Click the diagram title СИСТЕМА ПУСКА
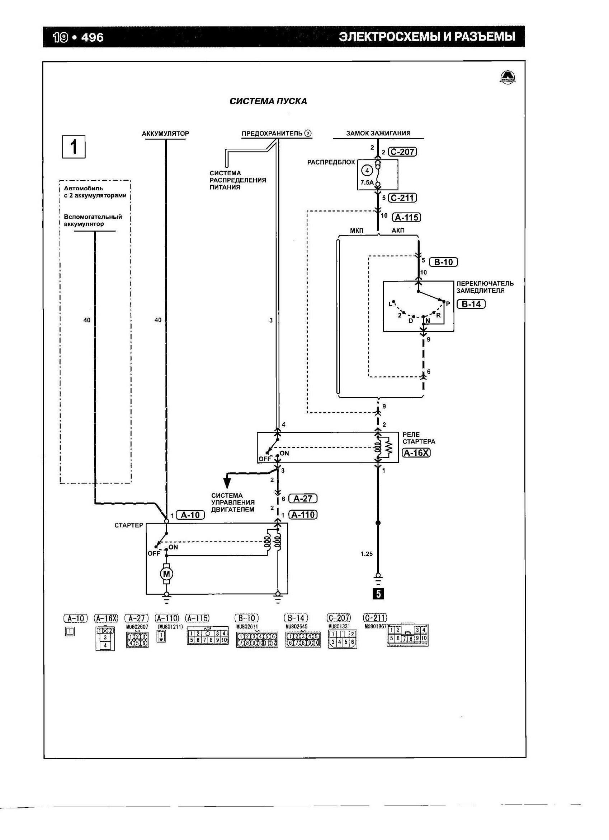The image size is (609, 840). [268, 101]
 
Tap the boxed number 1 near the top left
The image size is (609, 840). [74, 147]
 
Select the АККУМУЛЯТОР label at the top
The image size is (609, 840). [165, 133]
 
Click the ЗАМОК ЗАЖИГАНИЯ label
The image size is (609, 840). [378, 133]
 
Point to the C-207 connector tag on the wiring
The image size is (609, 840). [402, 152]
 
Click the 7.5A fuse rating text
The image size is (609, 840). [367, 182]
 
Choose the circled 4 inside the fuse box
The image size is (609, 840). [367, 170]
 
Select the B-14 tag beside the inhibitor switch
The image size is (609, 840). [471, 304]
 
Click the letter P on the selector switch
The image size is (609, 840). [448, 304]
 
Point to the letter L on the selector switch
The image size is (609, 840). [390, 304]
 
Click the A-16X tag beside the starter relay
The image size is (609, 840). [416, 453]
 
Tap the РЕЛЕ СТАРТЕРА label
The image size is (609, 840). [419, 438]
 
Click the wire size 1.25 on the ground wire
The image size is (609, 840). [367, 554]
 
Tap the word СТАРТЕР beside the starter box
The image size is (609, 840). [129, 525]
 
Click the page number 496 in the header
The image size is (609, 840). [92, 37]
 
